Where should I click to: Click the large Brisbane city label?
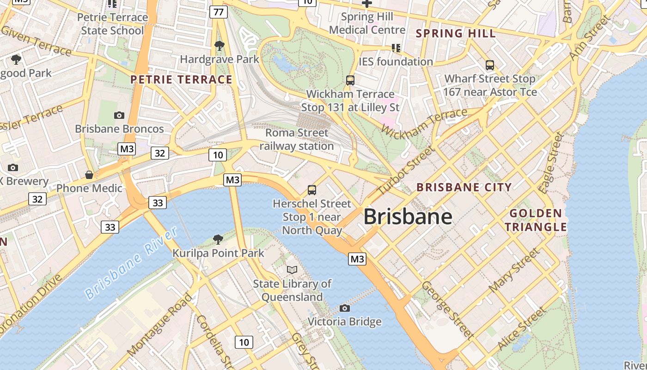(408, 216)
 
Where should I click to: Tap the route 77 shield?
(219, 12)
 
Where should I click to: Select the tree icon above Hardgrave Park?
(219, 46)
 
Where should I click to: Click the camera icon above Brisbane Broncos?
(119, 115)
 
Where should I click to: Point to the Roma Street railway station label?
(297, 139)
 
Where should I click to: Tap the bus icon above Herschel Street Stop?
(312, 190)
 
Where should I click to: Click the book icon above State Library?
(292, 270)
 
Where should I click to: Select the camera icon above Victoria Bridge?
(344, 308)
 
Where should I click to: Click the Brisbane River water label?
(131, 263)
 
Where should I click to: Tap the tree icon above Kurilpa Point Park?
(218, 239)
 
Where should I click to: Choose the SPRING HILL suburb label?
(456, 33)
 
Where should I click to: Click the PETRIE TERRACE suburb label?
(181, 80)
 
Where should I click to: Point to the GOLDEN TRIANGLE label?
(536, 220)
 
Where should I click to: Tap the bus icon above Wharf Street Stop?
(490, 65)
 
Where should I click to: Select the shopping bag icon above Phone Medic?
(89, 175)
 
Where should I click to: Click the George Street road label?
(447, 309)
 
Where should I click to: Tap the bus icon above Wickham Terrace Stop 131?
(350, 80)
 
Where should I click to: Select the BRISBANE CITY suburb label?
(464, 187)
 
